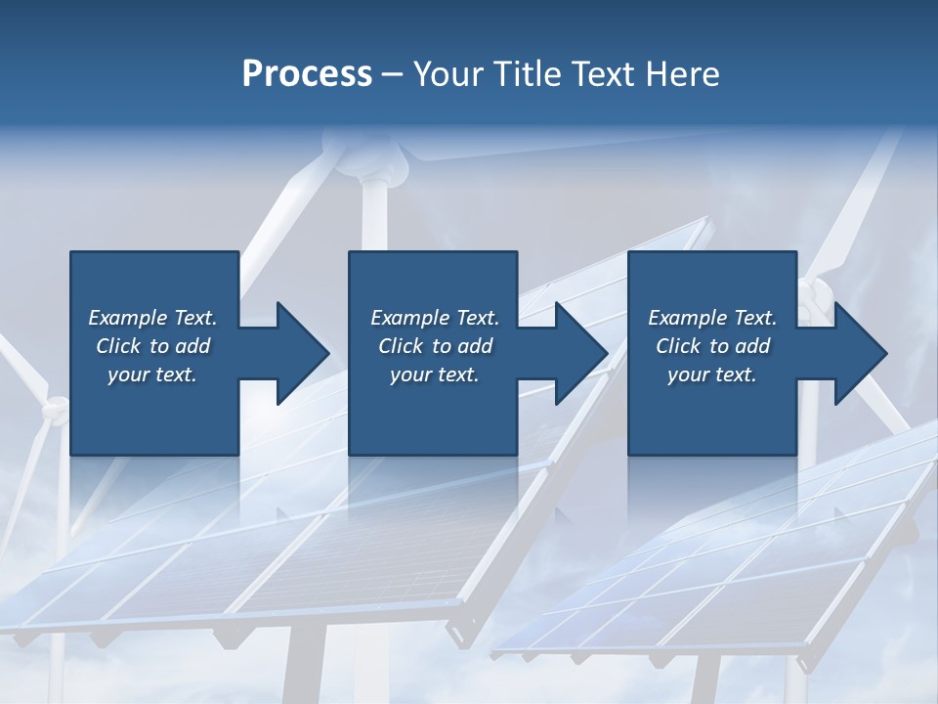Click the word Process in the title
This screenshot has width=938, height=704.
click(307, 74)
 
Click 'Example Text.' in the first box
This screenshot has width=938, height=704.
click(152, 318)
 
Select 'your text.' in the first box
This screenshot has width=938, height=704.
click(152, 374)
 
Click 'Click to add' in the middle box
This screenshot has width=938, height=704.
click(435, 346)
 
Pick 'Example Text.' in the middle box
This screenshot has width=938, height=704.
click(435, 318)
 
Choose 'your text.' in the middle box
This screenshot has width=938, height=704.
click(435, 374)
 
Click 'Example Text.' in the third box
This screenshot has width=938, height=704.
click(712, 318)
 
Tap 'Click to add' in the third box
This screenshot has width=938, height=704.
click(712, 346)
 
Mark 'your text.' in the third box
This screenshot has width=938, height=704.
click(712, 374)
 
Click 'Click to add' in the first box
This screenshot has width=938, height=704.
click(152, 346)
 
